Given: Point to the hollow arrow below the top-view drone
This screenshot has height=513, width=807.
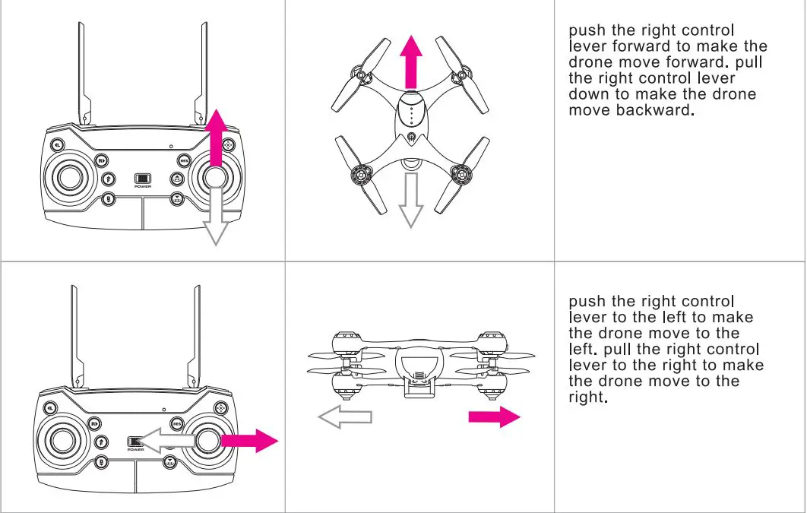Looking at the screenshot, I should pos(411,201).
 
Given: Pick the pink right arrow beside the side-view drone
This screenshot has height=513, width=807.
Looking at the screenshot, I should pos(494,416).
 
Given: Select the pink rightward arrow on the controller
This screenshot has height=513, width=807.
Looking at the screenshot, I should pos(251,440).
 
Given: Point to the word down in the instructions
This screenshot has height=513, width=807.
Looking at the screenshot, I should pos(590,94).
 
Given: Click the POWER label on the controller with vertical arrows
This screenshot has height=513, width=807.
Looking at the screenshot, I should pos(142,187).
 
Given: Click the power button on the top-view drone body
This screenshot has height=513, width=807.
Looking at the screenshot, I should pos(411,138).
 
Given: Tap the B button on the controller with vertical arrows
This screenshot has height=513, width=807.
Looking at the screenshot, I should pos(108,201).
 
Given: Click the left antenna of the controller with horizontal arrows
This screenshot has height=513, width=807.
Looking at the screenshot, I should pos(74,334).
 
